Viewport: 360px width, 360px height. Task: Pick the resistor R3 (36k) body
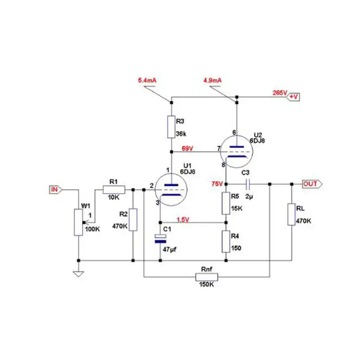(x=171, y=127)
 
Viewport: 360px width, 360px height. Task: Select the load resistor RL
(x=291, y=214)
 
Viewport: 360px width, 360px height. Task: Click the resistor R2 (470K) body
(x=133, y=220)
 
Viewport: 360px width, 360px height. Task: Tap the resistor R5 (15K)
(x=226, y=203)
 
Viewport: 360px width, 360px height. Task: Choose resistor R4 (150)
(x=226, y=241)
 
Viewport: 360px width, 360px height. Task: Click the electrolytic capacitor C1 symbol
(x=160, y=238)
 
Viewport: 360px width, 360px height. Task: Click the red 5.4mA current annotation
(x=147, y=81)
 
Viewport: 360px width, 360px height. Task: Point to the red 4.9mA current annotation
(x=212, y=81)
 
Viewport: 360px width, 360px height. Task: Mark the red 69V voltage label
(x=188, y=148)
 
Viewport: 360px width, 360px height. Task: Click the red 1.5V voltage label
(x=182, y=220)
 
